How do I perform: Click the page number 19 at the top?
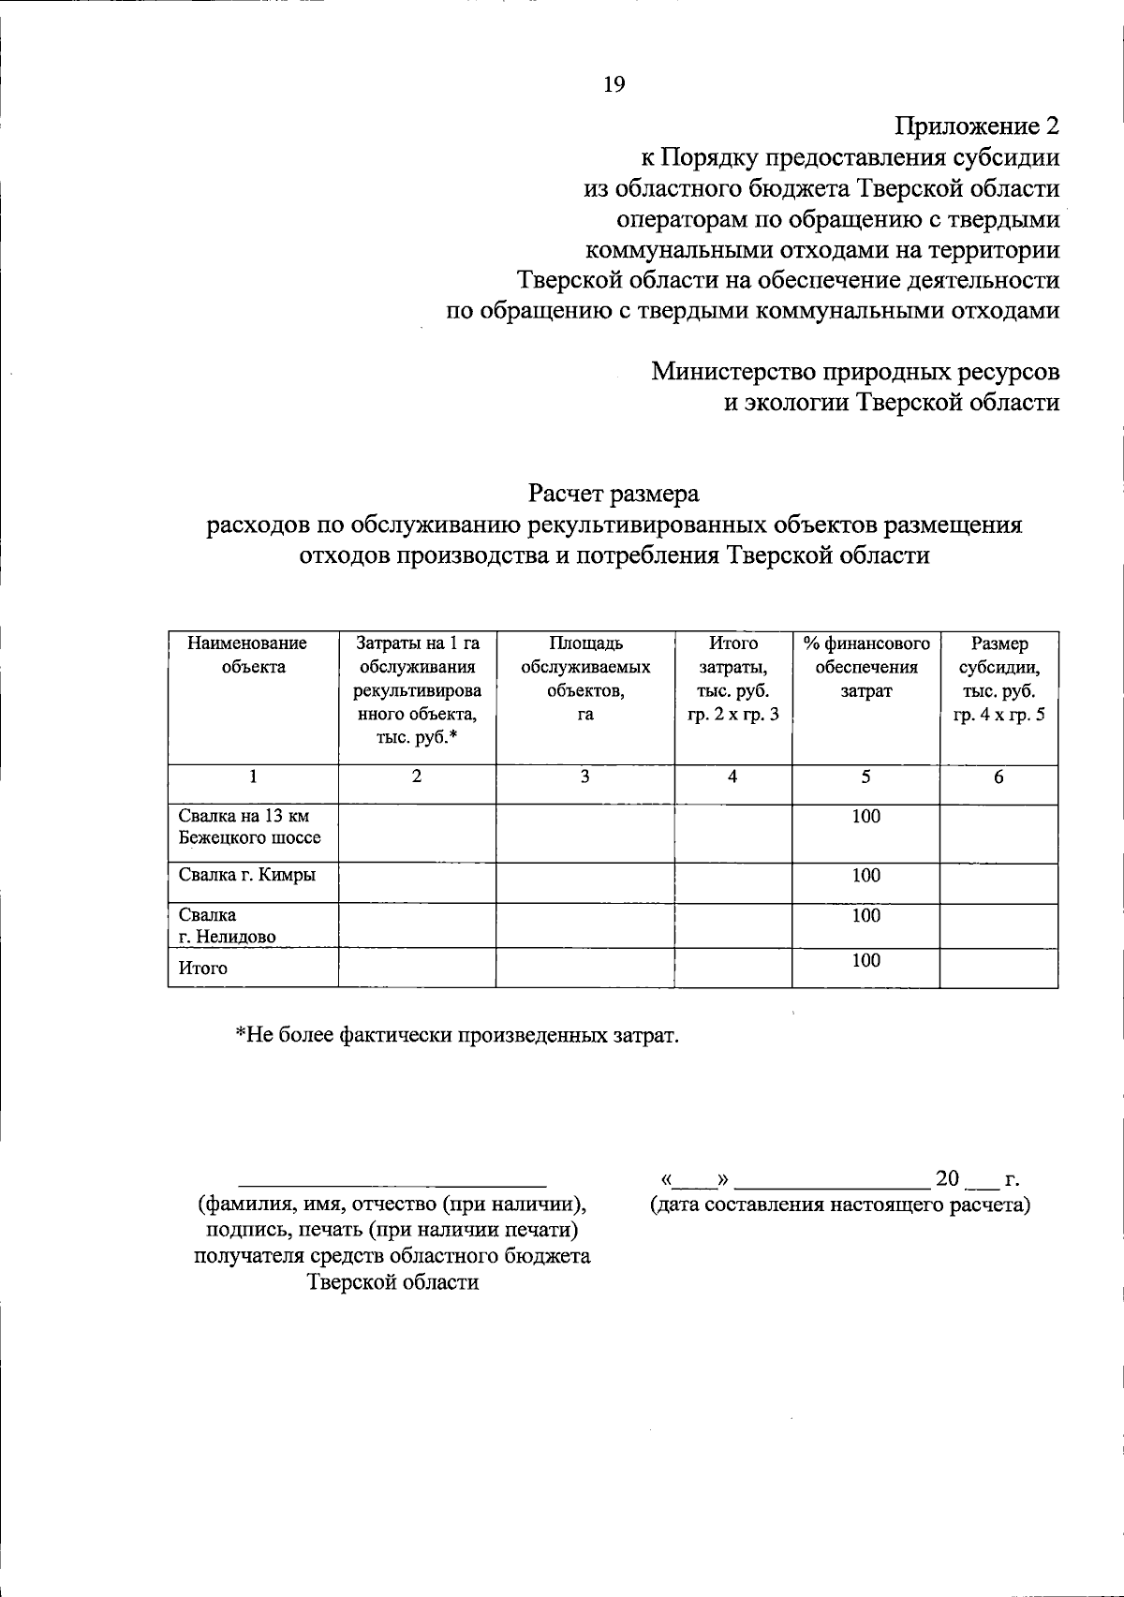(x=614, y=84)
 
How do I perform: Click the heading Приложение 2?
(x=977, y=126)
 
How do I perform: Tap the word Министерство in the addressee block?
(x=732, y=371)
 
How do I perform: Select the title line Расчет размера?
(x=614, y=492)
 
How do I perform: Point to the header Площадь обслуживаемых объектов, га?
(x=585, y=679)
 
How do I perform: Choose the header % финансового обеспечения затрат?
(x=865, y=667)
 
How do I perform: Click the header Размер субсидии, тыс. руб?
(x=998, y=679)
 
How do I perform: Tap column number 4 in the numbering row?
(x=732, y=776)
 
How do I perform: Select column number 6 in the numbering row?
(x=998, y=776)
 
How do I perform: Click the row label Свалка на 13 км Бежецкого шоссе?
(x=249, y=827)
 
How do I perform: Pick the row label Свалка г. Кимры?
(x=247, y=875)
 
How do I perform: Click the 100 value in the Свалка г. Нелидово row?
(x=865, y=915)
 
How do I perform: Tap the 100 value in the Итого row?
(x=865, y=960)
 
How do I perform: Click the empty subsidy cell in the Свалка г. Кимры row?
(x=998, y=882)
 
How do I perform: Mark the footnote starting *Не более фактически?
(x=455, y=1035)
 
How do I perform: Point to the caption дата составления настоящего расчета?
(x=840, y=1205)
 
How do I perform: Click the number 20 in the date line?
(x=947, y=1177)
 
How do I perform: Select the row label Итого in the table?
(x=203, y=969)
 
